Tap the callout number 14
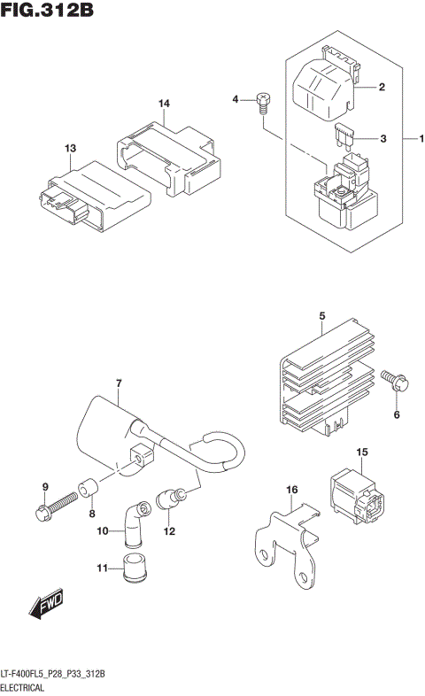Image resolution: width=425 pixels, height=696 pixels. tap(164, 104)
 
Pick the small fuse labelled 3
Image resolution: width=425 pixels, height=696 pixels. tap(344, 137)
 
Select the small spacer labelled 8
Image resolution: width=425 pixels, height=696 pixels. tap(86, 487)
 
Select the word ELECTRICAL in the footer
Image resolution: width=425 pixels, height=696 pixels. tap(27, 687)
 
